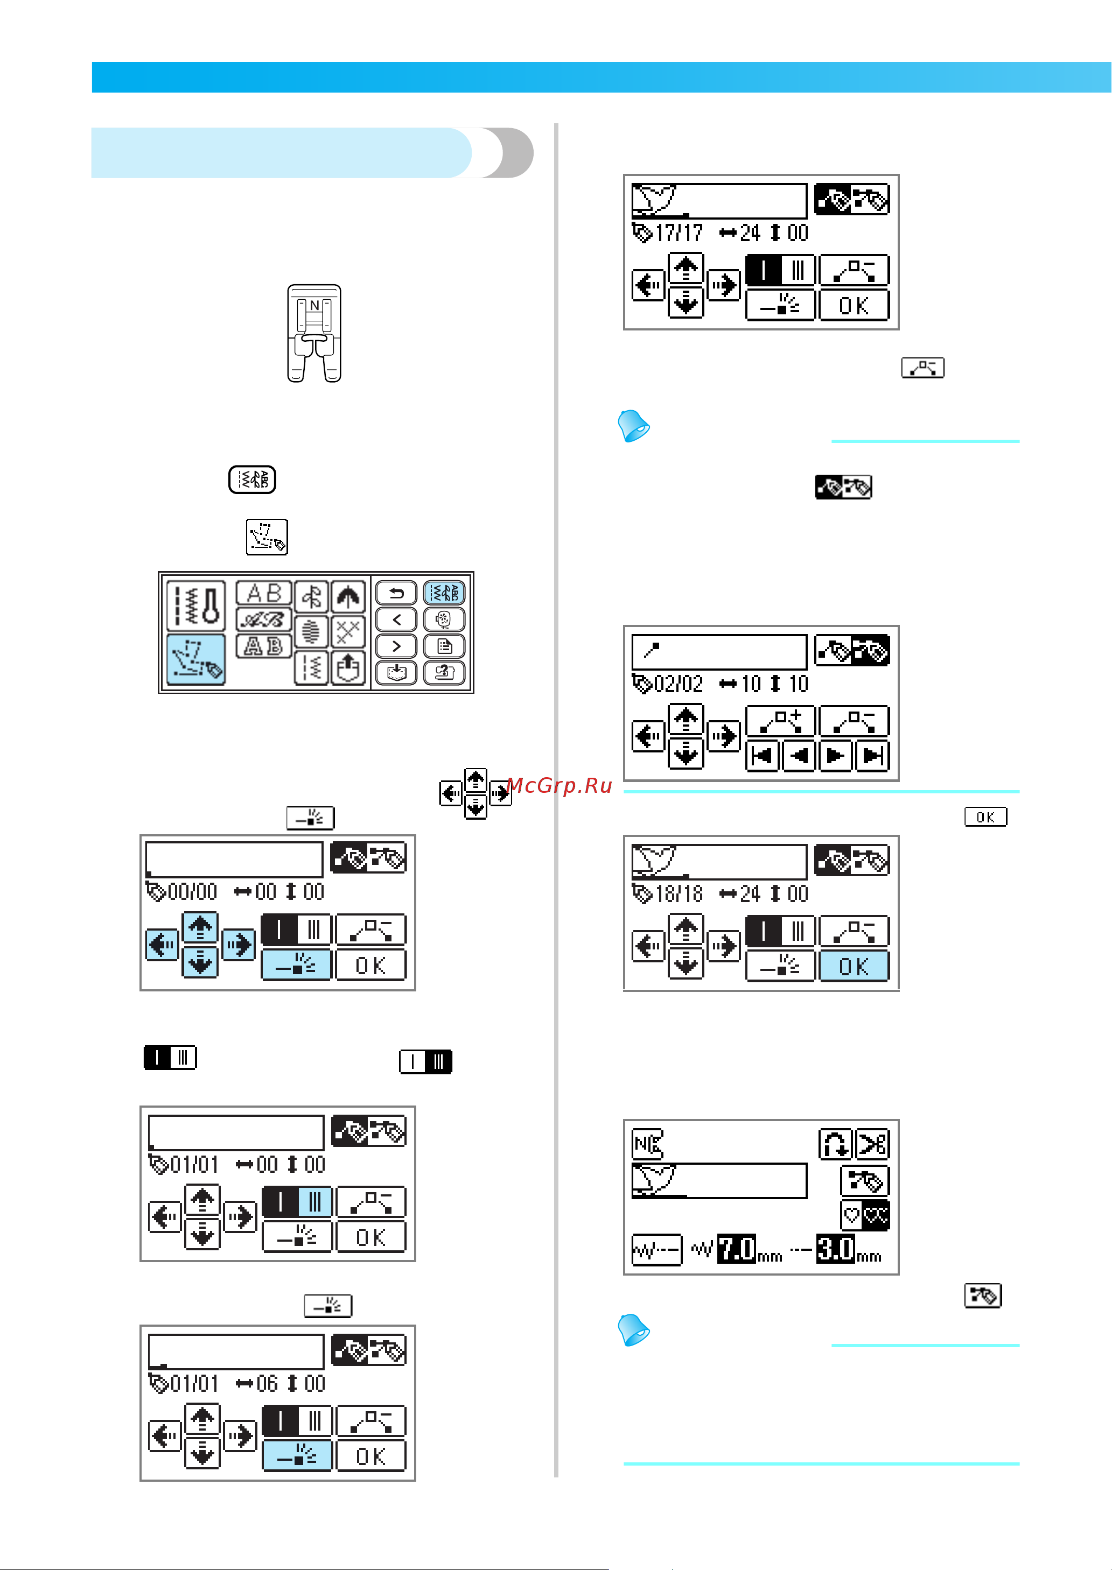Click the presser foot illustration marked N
314,333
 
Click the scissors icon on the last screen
872,1144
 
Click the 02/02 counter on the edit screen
678,684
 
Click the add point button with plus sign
780,721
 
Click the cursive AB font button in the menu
264,620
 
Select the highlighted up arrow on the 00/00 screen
200,928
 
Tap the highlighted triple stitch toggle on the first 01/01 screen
314,1202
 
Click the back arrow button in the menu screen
396,593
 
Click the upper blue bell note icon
633,426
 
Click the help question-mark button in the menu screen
444,673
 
